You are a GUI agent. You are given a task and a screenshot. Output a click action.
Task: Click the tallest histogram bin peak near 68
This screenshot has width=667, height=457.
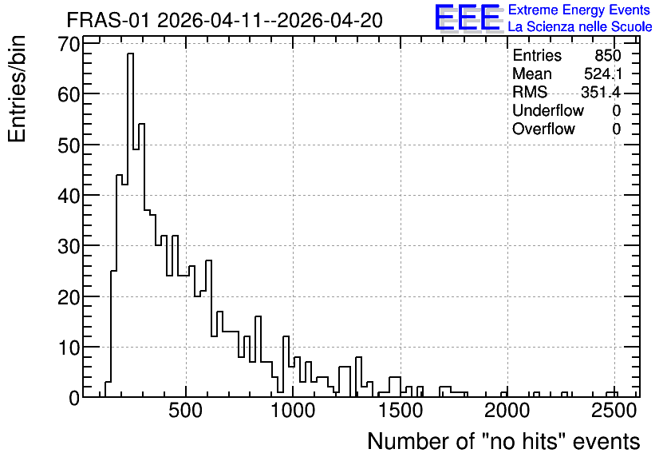(130, 54)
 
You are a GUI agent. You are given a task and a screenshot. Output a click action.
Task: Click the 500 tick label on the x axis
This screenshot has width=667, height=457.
(185, 411)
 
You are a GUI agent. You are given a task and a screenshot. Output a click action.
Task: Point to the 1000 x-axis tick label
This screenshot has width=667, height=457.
(293, 411)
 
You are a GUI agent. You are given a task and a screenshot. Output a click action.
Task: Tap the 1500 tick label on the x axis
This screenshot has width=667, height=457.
(401, 411)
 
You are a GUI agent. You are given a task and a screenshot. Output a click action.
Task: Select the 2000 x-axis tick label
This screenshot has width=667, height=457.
(507, 411)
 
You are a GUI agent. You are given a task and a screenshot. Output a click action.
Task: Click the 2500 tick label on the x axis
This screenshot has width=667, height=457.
(614, 411)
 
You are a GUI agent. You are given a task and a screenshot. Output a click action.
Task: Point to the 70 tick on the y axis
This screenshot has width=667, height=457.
(69, 44)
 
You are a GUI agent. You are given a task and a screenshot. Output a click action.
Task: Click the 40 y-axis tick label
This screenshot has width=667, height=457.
(69, 196)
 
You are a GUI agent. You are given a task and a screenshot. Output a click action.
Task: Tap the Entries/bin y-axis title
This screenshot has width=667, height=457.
(17, 89)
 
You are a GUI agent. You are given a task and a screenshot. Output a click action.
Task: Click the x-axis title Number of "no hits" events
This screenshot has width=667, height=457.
(503, 441)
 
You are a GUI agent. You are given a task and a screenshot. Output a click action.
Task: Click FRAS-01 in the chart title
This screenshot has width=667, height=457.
(109, 20)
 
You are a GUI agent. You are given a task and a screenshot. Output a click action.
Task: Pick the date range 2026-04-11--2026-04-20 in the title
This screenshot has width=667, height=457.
(270, 20)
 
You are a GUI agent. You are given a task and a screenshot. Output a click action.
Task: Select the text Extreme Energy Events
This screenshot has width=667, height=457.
(579, 10)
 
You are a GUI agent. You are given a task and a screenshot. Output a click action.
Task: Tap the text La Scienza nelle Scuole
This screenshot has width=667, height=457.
(580, 26)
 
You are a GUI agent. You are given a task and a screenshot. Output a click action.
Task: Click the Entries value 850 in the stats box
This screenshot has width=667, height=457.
(608, 55)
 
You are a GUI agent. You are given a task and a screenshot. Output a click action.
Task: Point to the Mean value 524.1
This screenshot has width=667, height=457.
(602, 74)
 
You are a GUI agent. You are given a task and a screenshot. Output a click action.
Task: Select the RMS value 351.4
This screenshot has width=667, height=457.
(601, 92)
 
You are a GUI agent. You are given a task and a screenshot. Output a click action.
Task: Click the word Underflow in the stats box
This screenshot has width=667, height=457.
(548, 110)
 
